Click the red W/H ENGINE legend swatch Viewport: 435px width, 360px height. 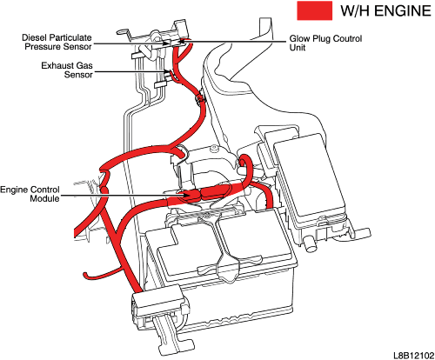pyautogui.click(x=315, y=10)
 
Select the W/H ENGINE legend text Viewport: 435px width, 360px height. pyautogui.click(x=385, y=11)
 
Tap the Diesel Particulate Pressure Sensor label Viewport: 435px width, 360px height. pyautogui.click(x=57, y=42)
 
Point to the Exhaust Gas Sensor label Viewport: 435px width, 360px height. pyautogui.click(x=67, y=70)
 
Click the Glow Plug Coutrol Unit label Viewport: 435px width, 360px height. pyautogui.click(x=325, y=43)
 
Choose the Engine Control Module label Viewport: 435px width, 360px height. pyautogui.click(x=30, y=194)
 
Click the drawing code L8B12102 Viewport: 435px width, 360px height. pyautogui.click(x=413, y=356)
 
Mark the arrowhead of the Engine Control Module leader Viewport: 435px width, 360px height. pyautogui.click(x=186, y=195)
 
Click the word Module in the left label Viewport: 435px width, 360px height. pyautogui.click(x=45, y=198)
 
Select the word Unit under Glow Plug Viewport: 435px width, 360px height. pyautogui.click(x=298, y=48)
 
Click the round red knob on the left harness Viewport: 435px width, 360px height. pyautogui.click(x=104, y=190)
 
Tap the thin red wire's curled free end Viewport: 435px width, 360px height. pyautogui.click(x=85, y=275)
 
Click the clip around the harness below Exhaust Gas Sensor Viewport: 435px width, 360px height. pyautogui.click(x=200, y=98)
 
